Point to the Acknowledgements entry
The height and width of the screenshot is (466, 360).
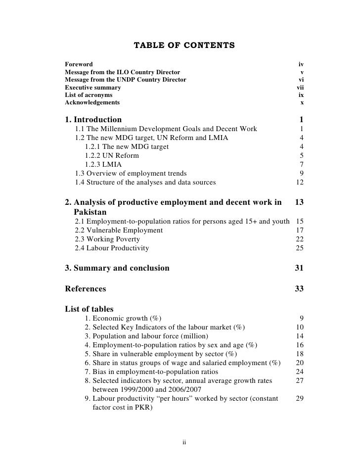[92, 103]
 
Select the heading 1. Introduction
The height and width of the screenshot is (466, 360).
[93, 120]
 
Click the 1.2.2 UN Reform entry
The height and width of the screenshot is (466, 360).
[112, 155]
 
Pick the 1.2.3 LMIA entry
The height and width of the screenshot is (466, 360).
[103, 164]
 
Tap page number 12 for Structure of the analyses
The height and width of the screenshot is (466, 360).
[299, 182]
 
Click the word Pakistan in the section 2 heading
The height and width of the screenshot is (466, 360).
[90, 212]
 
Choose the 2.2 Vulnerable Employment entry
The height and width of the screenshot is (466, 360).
[119, 231]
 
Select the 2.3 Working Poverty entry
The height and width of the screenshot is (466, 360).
[107, 239]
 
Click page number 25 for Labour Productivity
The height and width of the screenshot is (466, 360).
[299, 248]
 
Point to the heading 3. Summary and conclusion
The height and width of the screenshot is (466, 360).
[117, 269]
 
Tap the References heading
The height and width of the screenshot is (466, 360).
[86, 289]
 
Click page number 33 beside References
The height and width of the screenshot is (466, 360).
[299, 289]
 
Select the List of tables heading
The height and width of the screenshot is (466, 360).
[89, 310]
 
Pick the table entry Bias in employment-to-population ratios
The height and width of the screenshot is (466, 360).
[158, 372]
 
